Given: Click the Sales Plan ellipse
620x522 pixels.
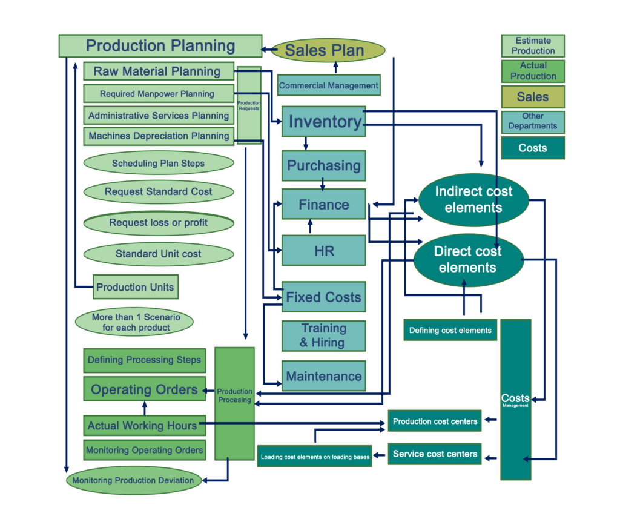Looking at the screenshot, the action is (x=328, y=50).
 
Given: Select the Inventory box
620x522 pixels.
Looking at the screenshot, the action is (x=324, y=121).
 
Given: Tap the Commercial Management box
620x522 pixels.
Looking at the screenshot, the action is (x=329, y=85).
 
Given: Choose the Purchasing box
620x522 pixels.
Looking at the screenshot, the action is (x=324, y=166).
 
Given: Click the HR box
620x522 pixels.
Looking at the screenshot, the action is (x=324, y=251).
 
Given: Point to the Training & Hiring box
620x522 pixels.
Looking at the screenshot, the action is (x=324, y=335).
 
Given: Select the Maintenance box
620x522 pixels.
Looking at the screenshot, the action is (x=324, y=375).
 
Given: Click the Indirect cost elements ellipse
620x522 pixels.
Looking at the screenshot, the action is (x=473, y=200).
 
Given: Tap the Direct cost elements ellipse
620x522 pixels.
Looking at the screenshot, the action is (x=469, y=260).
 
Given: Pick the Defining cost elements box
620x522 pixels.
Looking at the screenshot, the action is (x=450, y=330).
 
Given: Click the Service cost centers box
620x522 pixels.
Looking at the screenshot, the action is (x=435, y=454).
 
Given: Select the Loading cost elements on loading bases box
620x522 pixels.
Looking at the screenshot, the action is (x=315, y=457).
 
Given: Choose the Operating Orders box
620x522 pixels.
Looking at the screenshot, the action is (x=145, y=389).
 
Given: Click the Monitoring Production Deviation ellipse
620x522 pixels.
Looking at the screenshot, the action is (x=134, y=480).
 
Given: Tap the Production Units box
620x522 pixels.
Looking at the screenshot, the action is (x=136, y=287).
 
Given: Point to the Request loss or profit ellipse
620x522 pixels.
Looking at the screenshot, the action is (x=159, y=223).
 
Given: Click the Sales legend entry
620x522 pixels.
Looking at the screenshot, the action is (x=533, y=97).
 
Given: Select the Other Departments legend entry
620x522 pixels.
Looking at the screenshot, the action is (x=533, y=122).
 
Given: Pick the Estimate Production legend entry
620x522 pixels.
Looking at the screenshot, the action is (x=533, y=46).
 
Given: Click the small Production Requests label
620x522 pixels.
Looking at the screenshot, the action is (x=249, y=105).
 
